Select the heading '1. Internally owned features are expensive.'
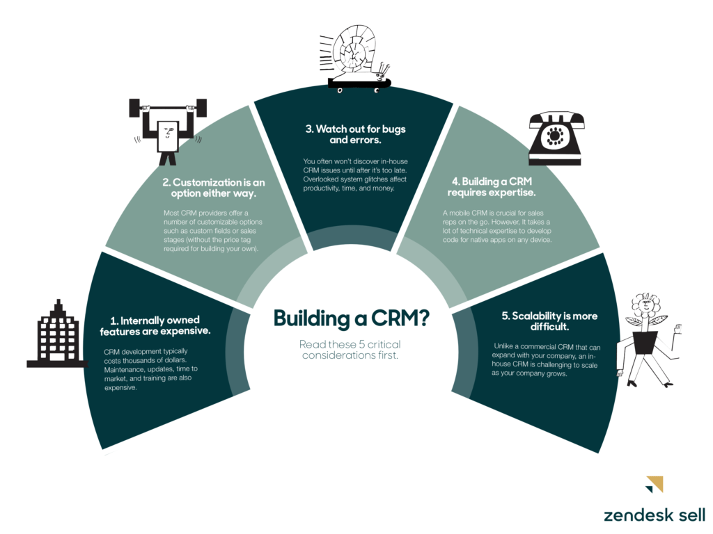[x=160, y=325]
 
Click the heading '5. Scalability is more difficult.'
[x=549, y=321]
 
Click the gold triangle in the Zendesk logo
[x=654, y=483]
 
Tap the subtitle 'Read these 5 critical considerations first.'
[x=350, y=350]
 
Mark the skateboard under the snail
[x=359, y=85]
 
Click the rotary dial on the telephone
[x=556, y=133]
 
